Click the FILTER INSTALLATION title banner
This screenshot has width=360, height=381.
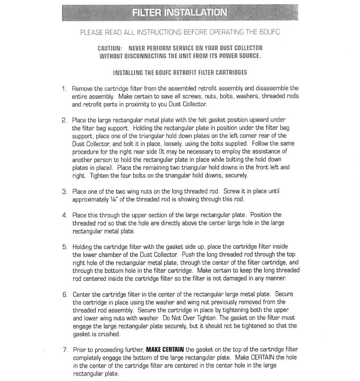tap(179, 12)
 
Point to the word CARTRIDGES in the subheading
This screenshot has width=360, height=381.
tap(228, 72)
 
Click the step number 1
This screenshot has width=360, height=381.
tap(65, 88)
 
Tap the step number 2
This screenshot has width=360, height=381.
tap(65, 120)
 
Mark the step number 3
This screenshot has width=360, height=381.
tap(65, 192)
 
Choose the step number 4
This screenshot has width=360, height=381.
tap(65, 215)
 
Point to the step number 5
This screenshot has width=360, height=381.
tap(65, 247)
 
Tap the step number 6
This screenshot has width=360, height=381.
tap(65, 294)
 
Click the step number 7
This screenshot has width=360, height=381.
tap(65, 350)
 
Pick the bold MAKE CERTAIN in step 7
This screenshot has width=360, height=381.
tap(165, 350)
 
